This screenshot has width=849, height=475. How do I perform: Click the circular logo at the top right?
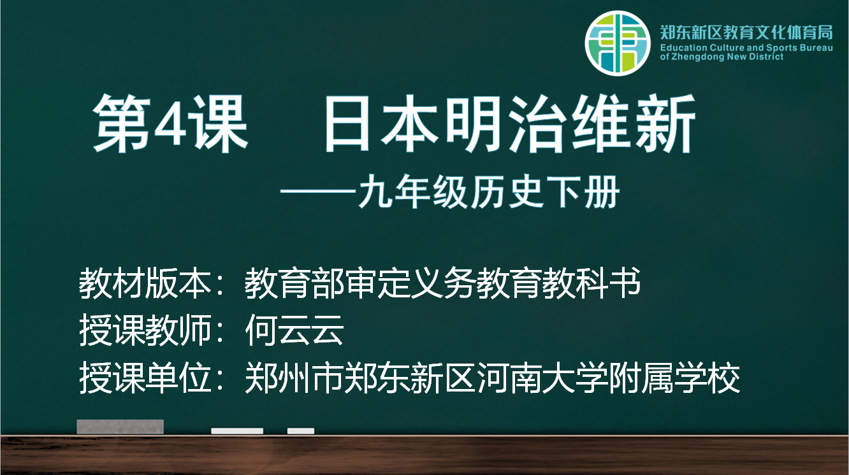click(618, 43)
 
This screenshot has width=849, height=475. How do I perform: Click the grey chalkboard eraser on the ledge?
click(120, 427)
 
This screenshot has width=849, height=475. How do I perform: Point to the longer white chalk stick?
click(237, 430)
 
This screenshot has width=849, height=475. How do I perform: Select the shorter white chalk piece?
click(301, 430)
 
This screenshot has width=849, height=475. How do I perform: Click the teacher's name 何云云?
click(294, 330)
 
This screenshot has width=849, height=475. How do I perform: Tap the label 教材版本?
click(145, 283)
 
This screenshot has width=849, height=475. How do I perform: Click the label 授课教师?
click(145, 330)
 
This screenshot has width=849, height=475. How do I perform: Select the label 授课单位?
click(145, 378)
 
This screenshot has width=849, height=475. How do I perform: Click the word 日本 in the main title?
click(381, 124)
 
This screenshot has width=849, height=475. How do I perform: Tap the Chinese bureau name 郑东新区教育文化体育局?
click(746, 32)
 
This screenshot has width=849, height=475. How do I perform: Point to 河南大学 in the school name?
click(542, 378)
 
